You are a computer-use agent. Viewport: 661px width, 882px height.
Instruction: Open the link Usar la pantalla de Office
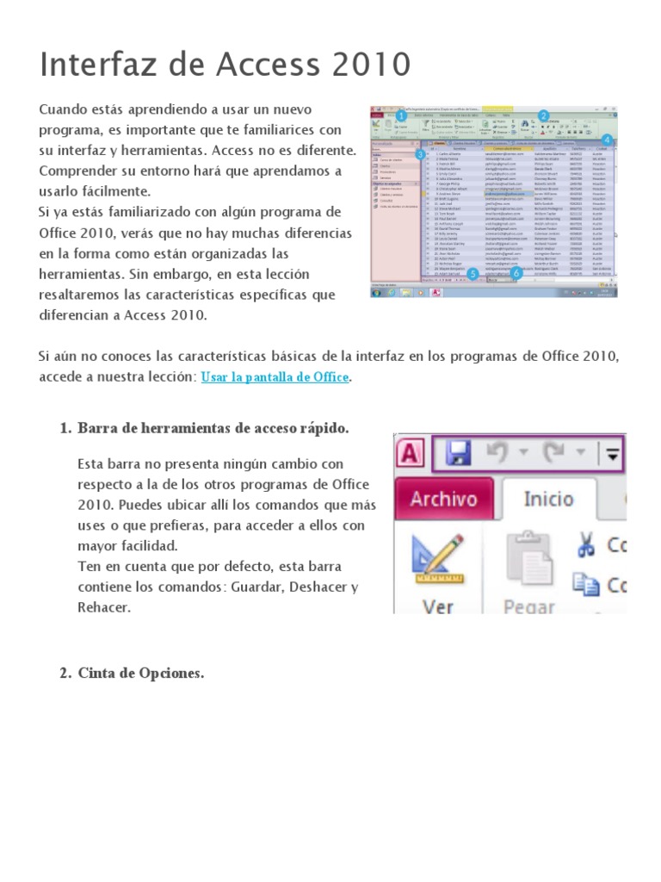click(x=275, y=377)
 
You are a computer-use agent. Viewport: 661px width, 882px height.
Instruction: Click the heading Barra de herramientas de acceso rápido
click(x=213, y=428)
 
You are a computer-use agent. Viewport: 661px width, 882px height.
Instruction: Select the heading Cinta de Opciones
click(x=141, y=673)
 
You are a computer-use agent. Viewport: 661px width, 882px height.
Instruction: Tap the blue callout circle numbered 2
click(x=543, y=115)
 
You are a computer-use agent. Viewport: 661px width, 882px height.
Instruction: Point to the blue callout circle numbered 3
click(x=420, y=154)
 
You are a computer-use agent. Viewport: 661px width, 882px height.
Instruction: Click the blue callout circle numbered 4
click(x=607, y=140)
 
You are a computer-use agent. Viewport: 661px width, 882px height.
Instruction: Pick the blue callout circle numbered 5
click(x=473, y=274)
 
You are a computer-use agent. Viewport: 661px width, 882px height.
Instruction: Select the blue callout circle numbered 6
click(x=516, y=274)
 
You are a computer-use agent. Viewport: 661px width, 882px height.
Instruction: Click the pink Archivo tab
click(x=443, y=499)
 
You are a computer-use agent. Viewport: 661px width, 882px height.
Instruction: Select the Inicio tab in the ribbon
click(x=548, y=499)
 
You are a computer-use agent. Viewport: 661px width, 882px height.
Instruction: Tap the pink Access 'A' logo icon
click(x=409, y=453)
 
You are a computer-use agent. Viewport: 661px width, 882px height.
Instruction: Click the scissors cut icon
click(x=586, y=544)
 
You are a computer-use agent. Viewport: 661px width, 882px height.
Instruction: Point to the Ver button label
click(x=438, y=606)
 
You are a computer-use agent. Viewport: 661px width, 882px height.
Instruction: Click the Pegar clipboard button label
click(x=528, y=606)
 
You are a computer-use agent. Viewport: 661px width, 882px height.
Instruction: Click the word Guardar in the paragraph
click(x=248, y=587)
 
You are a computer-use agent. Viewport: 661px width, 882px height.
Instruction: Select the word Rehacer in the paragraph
click(x=104, y=607)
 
